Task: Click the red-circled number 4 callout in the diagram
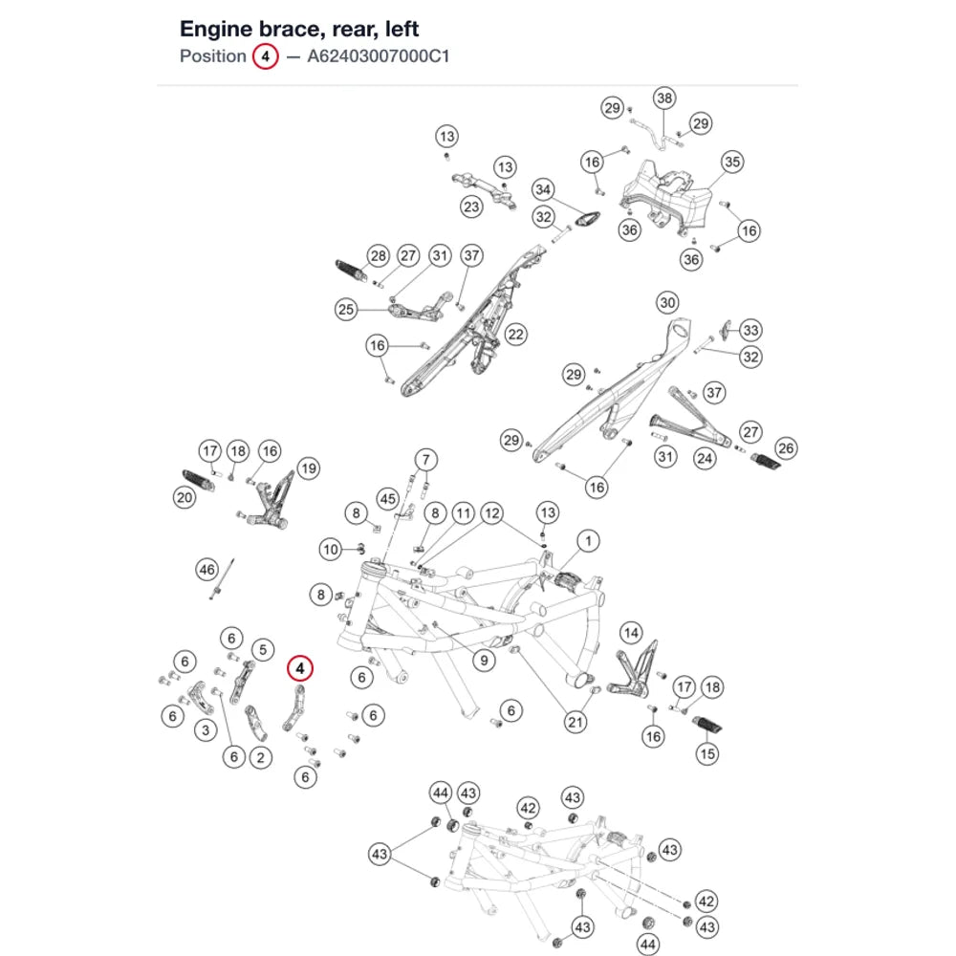(x=300, y=669)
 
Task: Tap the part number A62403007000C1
(x=378, y=56)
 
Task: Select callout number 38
(x=664, y=98)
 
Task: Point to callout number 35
(x=732, y=162)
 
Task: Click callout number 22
(x=516, y=334)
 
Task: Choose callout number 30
(x=667, y=303)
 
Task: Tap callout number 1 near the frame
(x=588, y=541)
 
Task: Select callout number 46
(x=207, y=570)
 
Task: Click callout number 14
(x=631, y=633)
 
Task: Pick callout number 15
(x=707, y=753)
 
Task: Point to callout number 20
(x=185, y=497)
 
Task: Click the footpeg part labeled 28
(x=352, y=271)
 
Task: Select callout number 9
(x=484, y=661)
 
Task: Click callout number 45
(x=388, y=499)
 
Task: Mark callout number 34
(x=543, y=189)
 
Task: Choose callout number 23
(x=471, y=206)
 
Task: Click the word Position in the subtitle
(x=213, y=56)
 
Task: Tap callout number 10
(x=331, y=550)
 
